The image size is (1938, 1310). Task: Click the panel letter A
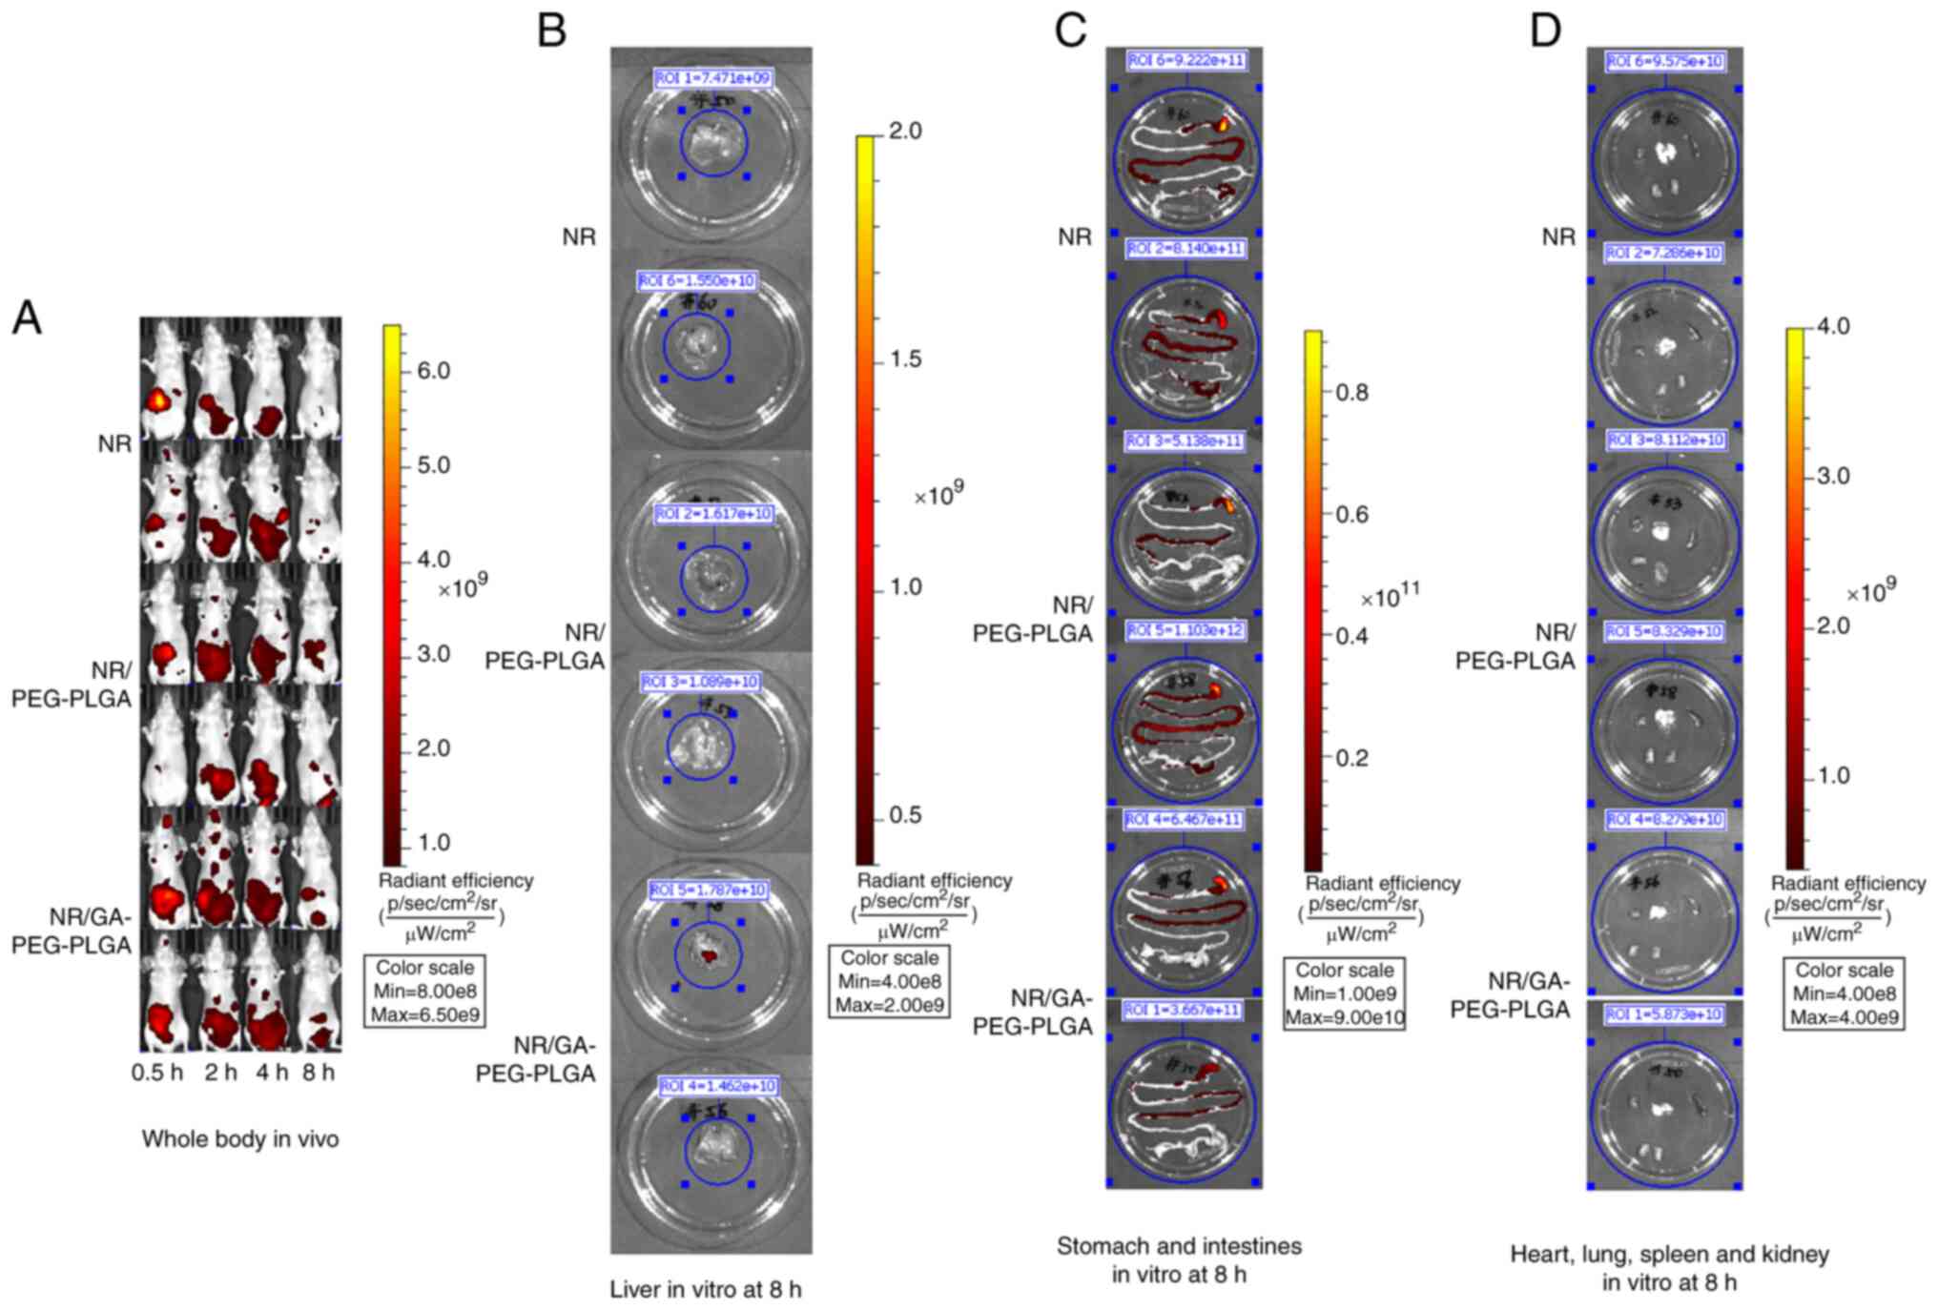tap(27, 317)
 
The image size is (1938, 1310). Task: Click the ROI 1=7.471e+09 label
tap(712, 78)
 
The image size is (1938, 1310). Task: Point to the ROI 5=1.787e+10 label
tap(708, 890)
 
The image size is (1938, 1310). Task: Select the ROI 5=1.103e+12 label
tap(1185, 631)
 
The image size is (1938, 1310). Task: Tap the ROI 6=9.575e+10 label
tap(1664, 61)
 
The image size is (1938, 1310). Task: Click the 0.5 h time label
tap(157, 1073)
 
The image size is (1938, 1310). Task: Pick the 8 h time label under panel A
tap(319, 1073)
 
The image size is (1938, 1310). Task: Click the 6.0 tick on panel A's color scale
tap(434, 371)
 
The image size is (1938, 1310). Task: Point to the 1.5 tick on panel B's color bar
tap(905, 359)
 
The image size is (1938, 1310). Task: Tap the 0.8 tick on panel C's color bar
tap(1351, 392)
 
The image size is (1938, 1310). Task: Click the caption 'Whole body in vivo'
tap(240, 1139)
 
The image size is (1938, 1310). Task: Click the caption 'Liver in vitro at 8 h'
tap(706, 1290)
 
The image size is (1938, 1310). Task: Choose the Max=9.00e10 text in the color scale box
tap(1344, 1018)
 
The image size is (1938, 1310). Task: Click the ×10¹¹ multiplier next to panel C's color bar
tap(1390, 596)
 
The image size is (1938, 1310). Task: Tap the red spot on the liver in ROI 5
tap(708, 953)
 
